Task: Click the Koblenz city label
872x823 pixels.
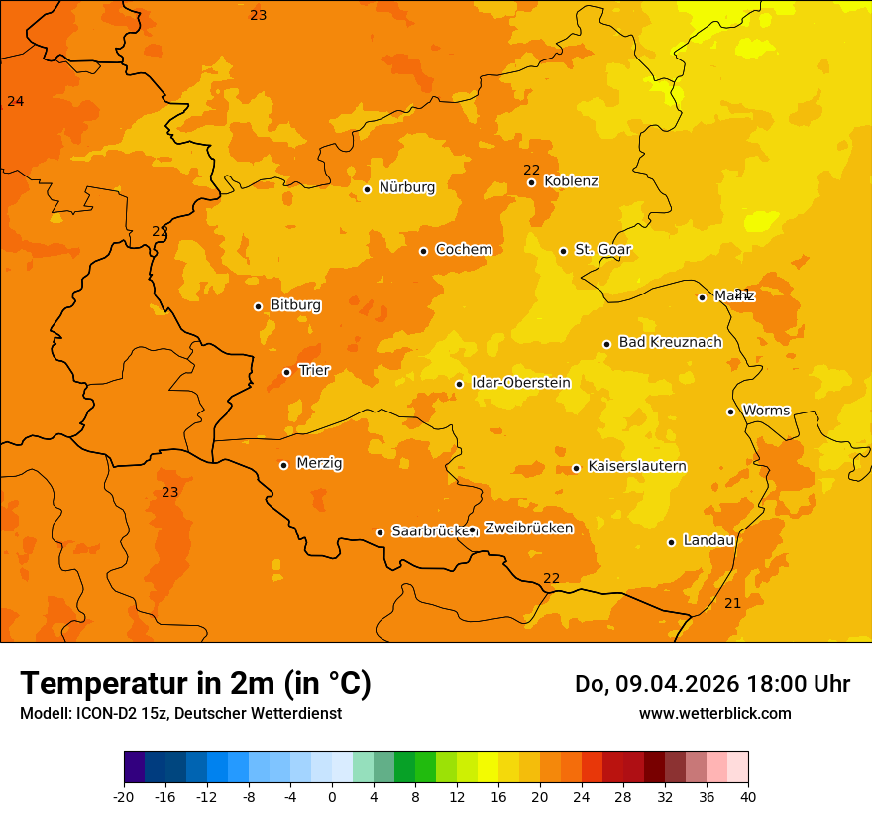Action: pyautogui.click(x=571, y=181)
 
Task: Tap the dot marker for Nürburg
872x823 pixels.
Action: pyautogui.click(x=367, y=189)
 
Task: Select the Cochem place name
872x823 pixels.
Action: pyautogui.click(x=463, y=250)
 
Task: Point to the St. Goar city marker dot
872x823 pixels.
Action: pyautogui.click(x=563, y=251)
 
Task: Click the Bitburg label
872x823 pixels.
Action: pyautogui.click(x=295, y=305)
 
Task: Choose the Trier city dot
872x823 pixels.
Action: pyautogui.click(x=286, y=372)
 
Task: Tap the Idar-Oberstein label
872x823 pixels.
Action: pyautogui.click(x=520, y=383)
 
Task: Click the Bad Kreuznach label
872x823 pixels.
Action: pyautogui.click(x=670, y=342)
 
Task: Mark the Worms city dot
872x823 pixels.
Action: pyautogui.click(x=730, y=411)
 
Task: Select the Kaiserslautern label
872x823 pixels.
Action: pyautogui.click(x=636, y=466)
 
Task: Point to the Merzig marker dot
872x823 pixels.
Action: pyautogui.click(x=283, y=465)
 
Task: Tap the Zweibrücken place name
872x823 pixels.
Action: pyautogui.click(x=528, y=529)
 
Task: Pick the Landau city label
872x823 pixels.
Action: pyautogui.click(x=708, y=541)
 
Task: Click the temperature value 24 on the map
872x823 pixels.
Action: pyautogui.click(x=15, y=101)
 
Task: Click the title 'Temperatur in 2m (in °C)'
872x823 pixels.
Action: pyautogui.click(x=195, y=683)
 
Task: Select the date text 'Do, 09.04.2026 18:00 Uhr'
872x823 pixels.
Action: pyautogui.click(x=711, y=684)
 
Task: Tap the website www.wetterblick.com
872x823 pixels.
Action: pyautogui.click(x=714, y=713)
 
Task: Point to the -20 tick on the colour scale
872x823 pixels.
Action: pyautogui.click(x=124, y=797)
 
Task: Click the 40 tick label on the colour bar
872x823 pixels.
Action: pyautogui.click(x=748, y=797)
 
